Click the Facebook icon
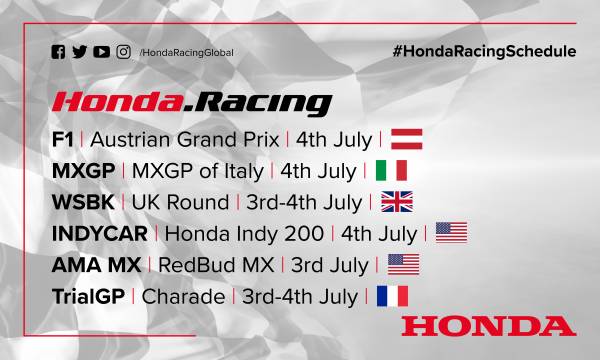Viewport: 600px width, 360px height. click(57, 51)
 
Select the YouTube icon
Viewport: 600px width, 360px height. click(100, 51)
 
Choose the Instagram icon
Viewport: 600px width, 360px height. click(124, 51)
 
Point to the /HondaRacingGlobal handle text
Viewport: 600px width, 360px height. click(183, 52)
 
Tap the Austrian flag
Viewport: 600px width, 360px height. click(407, 139)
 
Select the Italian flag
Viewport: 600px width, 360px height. click(391, 170)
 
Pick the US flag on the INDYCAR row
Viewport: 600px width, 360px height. click(451, 233)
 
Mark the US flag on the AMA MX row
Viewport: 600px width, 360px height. click(402, 264)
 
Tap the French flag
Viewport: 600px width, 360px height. click(392, 296)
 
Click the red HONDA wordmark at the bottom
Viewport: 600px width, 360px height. click(488, 326)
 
